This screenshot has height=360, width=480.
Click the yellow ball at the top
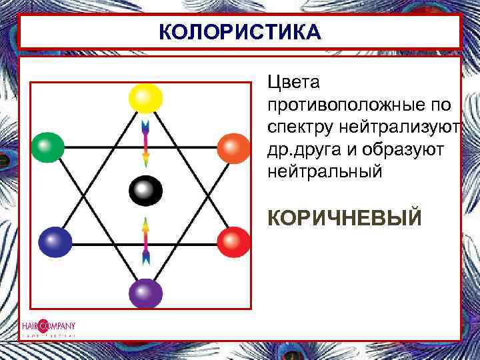(x=145, y=99)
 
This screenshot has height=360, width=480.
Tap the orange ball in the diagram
(x=233, y=148)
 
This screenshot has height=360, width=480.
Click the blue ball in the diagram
(x=55, y=242)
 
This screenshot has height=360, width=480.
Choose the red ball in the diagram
(x=233, y=242)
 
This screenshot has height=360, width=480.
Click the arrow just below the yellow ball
(x=145, y=143)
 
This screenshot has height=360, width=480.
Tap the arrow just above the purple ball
(x=145, y=241)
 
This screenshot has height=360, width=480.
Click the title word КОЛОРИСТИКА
(x=240, y=31)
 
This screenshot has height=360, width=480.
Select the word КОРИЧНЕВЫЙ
(x=344, y=217)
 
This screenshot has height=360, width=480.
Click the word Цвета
(x=293, y=83)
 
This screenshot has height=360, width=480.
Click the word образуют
(x=404, y=149)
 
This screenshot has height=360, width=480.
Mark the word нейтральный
(x=325, y=171)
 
